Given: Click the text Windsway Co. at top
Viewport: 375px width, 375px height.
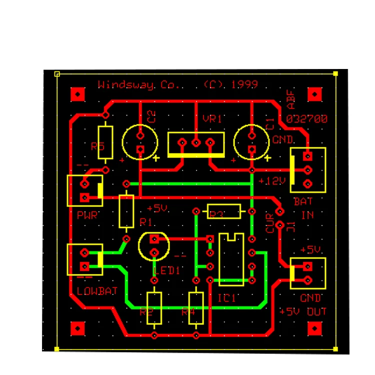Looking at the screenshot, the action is click(134, 84).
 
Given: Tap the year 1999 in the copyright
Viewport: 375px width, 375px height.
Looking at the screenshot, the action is click(244, 84).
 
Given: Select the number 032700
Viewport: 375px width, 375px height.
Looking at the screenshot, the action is click(307, 119).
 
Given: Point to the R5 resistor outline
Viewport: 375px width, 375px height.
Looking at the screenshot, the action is click(105, 143).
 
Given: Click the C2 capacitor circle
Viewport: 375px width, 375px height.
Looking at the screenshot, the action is click(140, 142).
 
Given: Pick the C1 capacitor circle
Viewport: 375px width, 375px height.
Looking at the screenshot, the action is click(251, 142).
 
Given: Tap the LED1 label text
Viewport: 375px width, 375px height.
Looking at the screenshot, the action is click(166, 271).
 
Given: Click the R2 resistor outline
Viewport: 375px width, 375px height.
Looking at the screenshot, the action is click(154, 308).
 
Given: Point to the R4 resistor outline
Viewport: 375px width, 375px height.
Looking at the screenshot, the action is click(196, 308).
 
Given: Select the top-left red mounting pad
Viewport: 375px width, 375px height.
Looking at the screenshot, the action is click(77, 93).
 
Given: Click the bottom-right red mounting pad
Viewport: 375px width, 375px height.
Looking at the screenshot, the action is click(314, 328).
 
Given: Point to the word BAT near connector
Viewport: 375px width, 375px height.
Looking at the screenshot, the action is click(303, 202).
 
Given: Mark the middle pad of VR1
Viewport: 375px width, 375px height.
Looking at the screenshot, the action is click(196, 143).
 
